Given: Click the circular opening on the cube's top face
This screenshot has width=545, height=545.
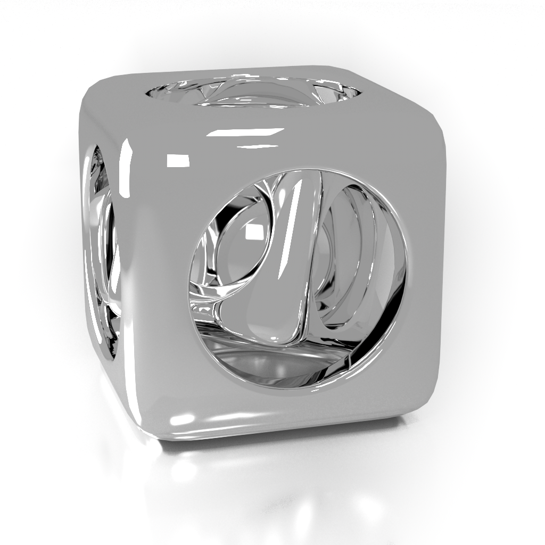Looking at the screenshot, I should (x=253, y=92).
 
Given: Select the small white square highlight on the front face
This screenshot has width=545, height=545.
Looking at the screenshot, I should (x=178, y=160).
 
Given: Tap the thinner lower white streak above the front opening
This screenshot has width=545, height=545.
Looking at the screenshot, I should (x=259, y=145).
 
